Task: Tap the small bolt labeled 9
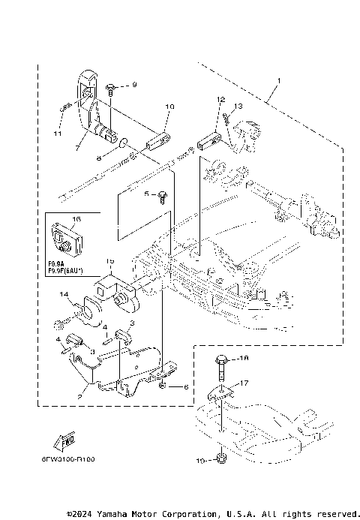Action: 111,88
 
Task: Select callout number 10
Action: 169,107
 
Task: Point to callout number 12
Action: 220,99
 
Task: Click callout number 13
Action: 239,106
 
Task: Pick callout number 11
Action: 58,134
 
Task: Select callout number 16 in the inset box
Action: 75,221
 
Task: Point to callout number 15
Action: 109,260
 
